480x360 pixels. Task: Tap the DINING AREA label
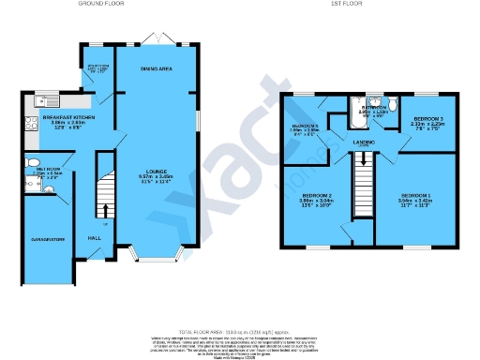156,69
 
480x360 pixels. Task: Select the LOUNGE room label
156,172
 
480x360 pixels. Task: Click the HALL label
95,238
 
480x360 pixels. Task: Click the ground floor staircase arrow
106,212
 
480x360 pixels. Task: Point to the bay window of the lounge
156,254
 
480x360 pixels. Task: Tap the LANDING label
365,143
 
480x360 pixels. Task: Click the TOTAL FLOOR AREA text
240,332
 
